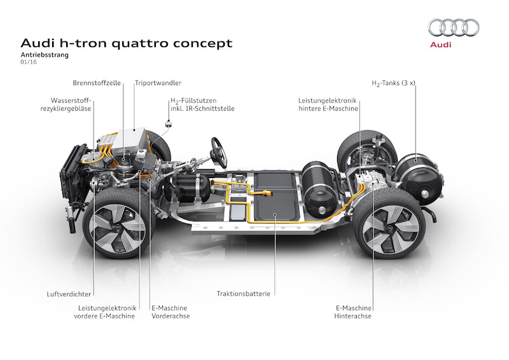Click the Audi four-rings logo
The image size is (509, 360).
[453, 27]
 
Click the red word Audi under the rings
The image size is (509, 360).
[453, 45]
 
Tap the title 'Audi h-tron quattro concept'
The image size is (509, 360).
[127, 43]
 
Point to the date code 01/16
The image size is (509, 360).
[29, 64]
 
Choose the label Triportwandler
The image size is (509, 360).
[157, 83]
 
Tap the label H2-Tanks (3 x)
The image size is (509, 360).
[393, 83]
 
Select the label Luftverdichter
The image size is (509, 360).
[68, 294]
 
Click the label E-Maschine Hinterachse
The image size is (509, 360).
[353, 312]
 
